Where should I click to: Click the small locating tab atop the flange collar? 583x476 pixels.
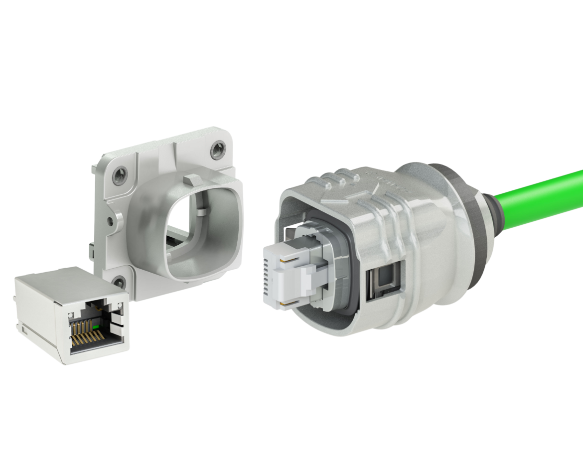coord(195,178)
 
